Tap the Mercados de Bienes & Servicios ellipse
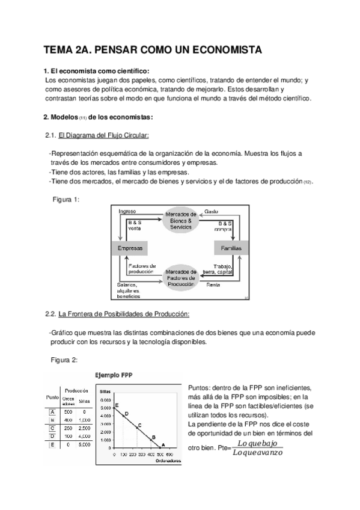(x=180, y=221)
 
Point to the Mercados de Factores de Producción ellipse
(x=180, y=278)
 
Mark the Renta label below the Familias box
(x=213, y=284)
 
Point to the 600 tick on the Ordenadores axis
(x=169, y=455)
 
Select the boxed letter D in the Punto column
(x=52, y=435)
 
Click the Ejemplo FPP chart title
(x=114, y=375)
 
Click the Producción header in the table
(x=77, y=390)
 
